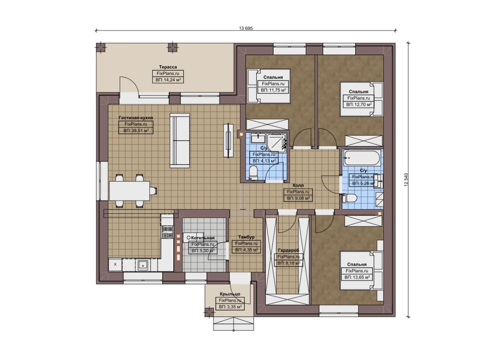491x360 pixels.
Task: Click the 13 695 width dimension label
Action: pyautogui.click(x=246, y=28)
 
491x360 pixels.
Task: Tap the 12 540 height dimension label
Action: pyautogui.click(x=406, y=180)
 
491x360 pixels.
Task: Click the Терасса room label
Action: pyautogui.click(x=168, y=67)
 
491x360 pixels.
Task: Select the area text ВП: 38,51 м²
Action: pyautogui.click(x=136, y=131)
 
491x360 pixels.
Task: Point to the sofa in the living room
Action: pyautogui.click(x=180, y=140)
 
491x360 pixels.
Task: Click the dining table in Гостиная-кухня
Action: pyautogui.click(x=130, y=191)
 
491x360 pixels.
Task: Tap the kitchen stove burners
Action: pyautogui.click(x=167, y=232)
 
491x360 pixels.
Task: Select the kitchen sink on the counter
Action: pyautogui.click(x=143, y=266)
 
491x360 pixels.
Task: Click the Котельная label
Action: pyautogui.click(x=203, y=238)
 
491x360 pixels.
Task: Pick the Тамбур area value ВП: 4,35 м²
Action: pyautogui.click(x=246, y=250)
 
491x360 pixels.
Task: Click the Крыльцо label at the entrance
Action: pyautogui.click(x=230, y=294)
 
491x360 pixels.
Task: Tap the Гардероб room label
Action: pyautogui.click(x=288, y=250)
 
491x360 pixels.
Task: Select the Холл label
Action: pyautogui.click(x=298, y=186)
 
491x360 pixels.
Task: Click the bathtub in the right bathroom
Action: pyautogui.click(x=362, y=158)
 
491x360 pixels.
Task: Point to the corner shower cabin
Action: pyautogui.click(x=277, y=143)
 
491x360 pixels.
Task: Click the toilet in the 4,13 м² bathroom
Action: pyautogui.click(x=254, y=173)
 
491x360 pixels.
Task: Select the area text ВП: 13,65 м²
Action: pyautogui.click(x=357, y=277)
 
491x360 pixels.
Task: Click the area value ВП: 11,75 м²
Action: pyautogui.click(x=273, y=90)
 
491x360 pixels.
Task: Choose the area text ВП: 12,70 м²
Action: pyautogui.click(x=359, y=105)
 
